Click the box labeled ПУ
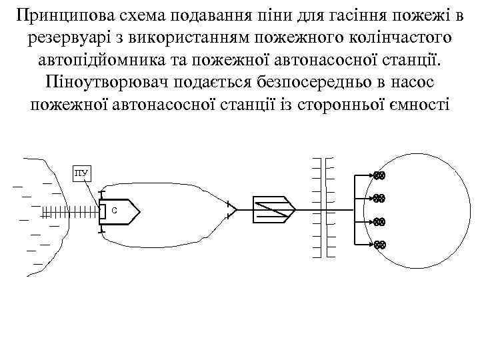point(81,174)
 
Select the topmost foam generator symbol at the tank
point(379,176)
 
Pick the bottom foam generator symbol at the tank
point(379,245)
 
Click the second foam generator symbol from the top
point(379,198)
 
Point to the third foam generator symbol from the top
point(379,221)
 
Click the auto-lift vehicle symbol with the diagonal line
point(273,211)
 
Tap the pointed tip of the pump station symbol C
point(139,211)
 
